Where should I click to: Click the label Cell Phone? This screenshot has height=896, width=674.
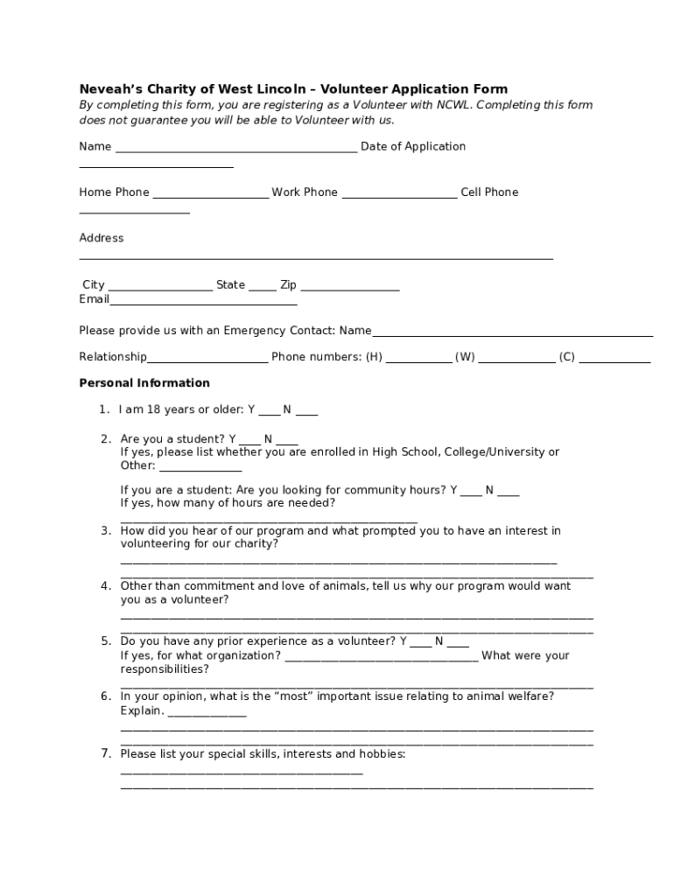[489, 192]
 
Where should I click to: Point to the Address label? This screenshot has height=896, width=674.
[102, 238]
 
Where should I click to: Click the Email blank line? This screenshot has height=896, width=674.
[203, 303]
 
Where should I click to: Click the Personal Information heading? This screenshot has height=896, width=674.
[144, 383]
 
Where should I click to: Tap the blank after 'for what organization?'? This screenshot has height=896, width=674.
[382, 659]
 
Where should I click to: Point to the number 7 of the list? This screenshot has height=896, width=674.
[105, 753]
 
